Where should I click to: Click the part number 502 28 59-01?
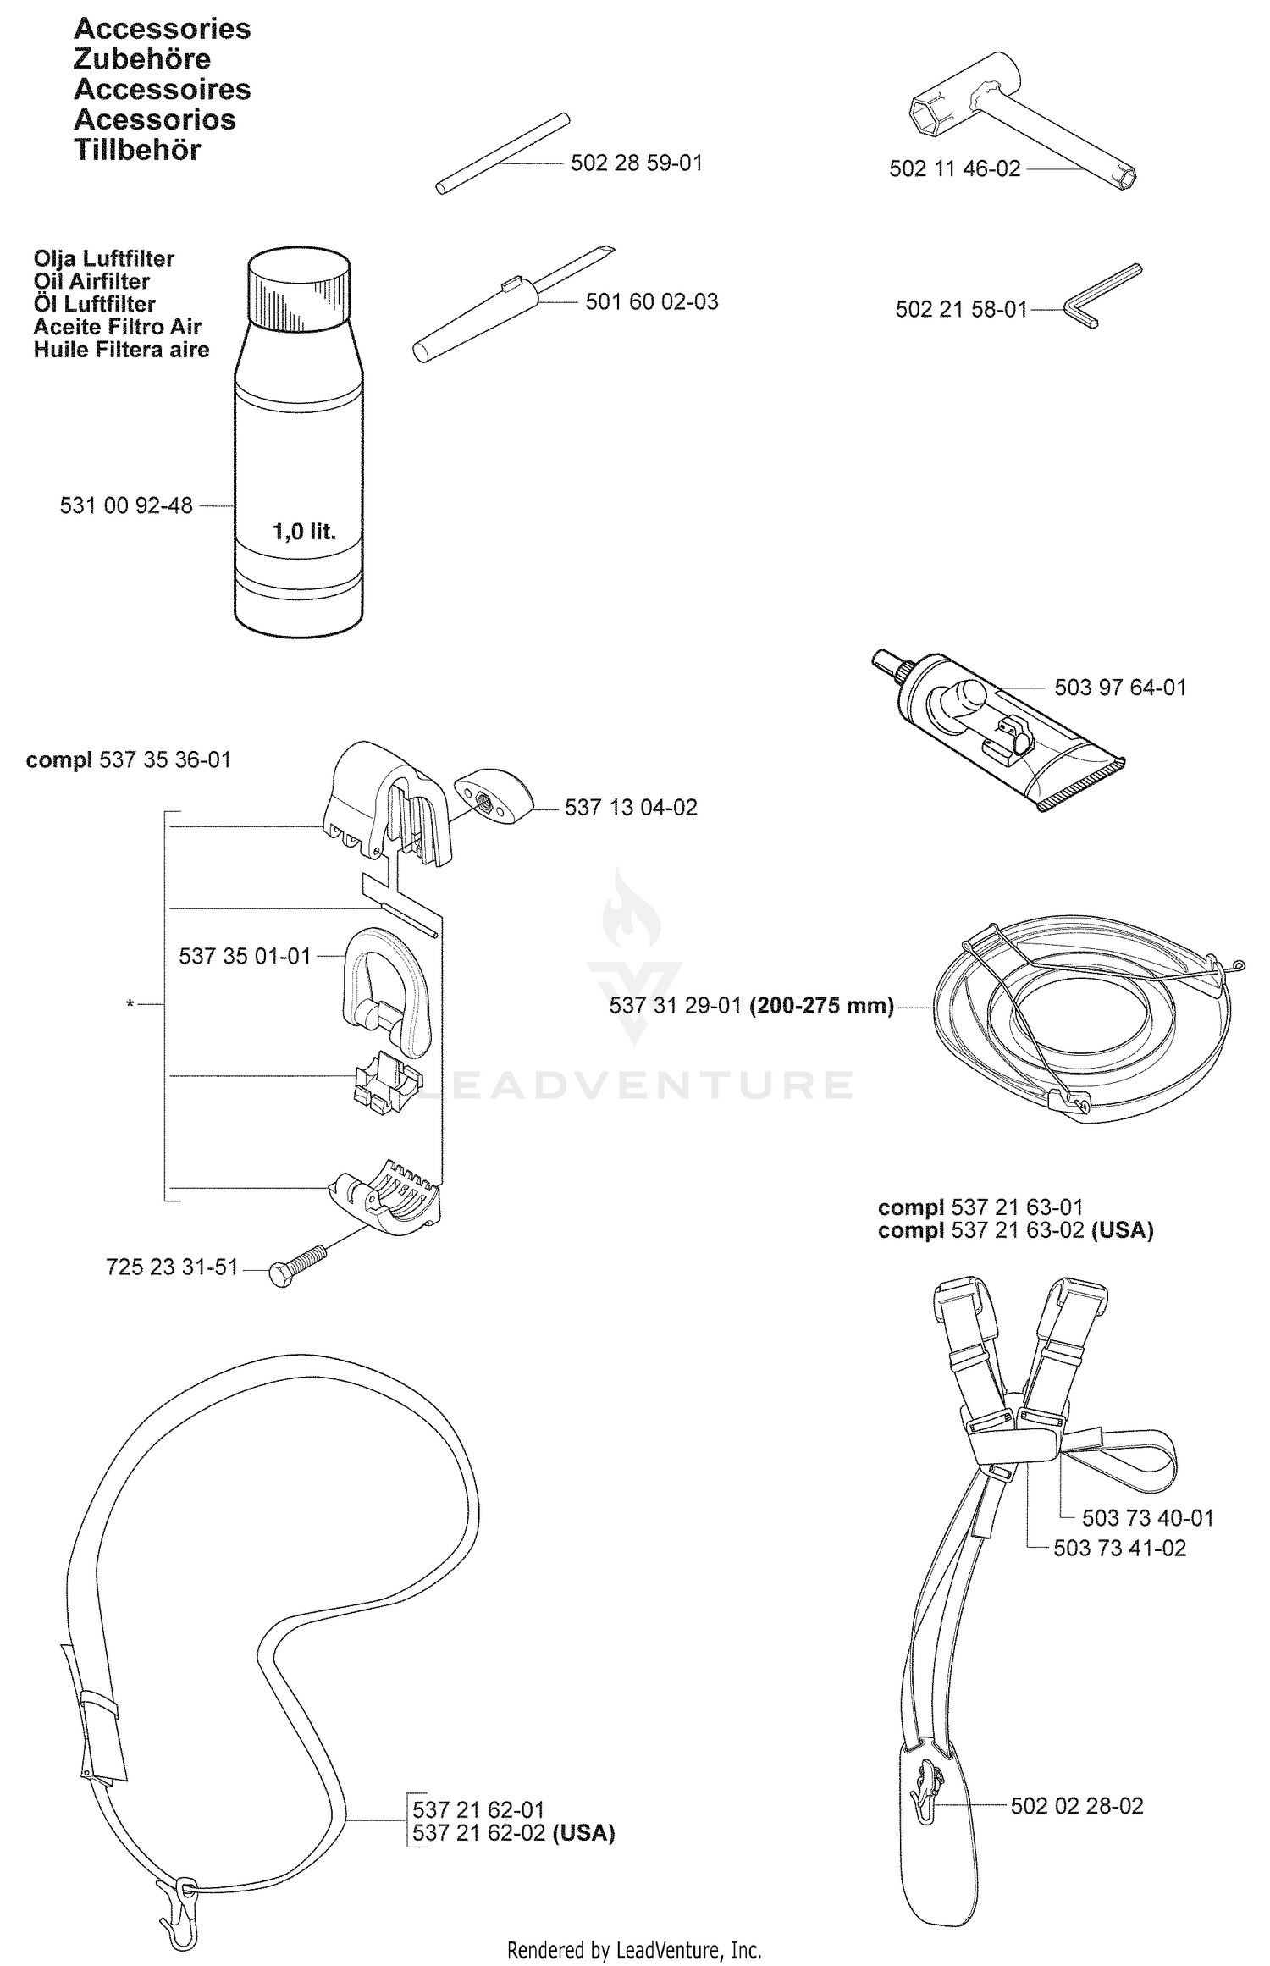point(637,163)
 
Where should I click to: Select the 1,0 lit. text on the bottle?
point(304,532)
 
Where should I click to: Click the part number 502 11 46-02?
point(955,168)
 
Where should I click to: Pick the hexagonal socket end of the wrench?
point(932,114)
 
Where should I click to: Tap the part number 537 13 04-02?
point(631,807)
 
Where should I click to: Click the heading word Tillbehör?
point(137,150)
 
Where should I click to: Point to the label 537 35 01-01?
point(245,956)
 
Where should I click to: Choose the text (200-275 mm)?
point(822,1005)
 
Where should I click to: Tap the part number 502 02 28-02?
point(1077,1806)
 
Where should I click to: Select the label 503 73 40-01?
point(1147,1517)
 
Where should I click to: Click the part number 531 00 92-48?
point(126,505)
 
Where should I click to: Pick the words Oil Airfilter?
point(91,281)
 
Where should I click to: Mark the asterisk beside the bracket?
point(130,1004)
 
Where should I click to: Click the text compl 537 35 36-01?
point(129,759)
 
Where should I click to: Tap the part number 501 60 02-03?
point(652,301)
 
